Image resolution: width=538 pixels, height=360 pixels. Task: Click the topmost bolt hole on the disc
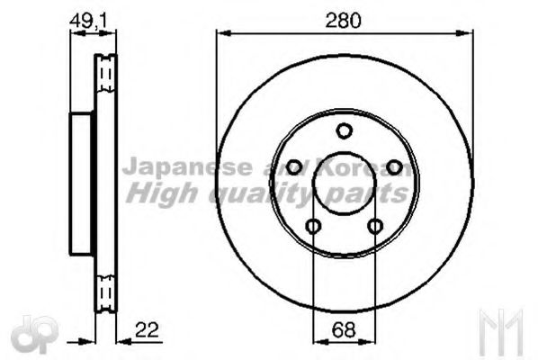pyautogui.click(x=344, y=131)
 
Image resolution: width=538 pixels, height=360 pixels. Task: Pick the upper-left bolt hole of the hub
pyautogui.click(x=294, y=167)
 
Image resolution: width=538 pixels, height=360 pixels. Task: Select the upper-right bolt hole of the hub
pyautogui.click(x=393, y=167)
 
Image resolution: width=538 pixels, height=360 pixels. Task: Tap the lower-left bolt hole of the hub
pyautogui.click(x=313, y=226)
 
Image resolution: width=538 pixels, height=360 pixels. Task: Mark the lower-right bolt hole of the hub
pyautogui.click(x=375, y=226)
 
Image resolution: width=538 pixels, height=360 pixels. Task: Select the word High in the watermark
pyautogui.click(x=153, y=192)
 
